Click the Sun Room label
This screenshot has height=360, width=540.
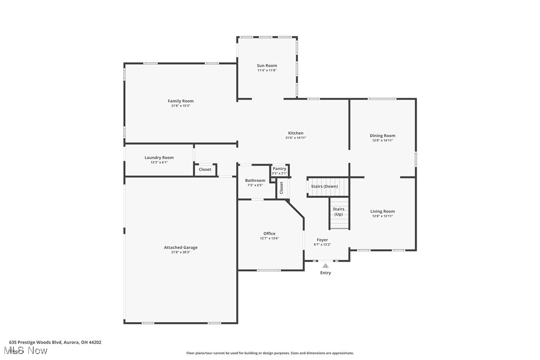[x=267, y=66]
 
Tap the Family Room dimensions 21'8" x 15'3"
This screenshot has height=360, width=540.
[x=180, y=106]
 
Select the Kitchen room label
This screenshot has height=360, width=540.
[x=295, y=133]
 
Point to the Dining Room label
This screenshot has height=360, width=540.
[x=382, y=135]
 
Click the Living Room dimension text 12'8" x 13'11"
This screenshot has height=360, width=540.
[x=382, y=216]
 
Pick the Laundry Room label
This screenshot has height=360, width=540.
[x=159, y=158]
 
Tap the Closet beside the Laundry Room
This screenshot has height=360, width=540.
[x=205, y=170]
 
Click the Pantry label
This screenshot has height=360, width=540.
[x=279, y=169]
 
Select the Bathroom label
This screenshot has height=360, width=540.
[x=255, y=180]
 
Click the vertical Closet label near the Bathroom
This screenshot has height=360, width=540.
[x=281, y=188]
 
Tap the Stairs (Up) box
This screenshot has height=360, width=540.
[x=339, y=212]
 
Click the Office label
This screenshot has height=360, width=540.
[x=270, y=233]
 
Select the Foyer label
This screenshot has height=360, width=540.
[x=322, y=240]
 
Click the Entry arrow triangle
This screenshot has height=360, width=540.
[x=325, y=266]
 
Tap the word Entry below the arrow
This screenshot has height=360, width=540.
[x=325, y=272]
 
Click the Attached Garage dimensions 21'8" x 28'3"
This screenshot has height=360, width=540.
[x=180, y=252]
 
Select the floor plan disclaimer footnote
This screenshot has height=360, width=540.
[x=270, y=353]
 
